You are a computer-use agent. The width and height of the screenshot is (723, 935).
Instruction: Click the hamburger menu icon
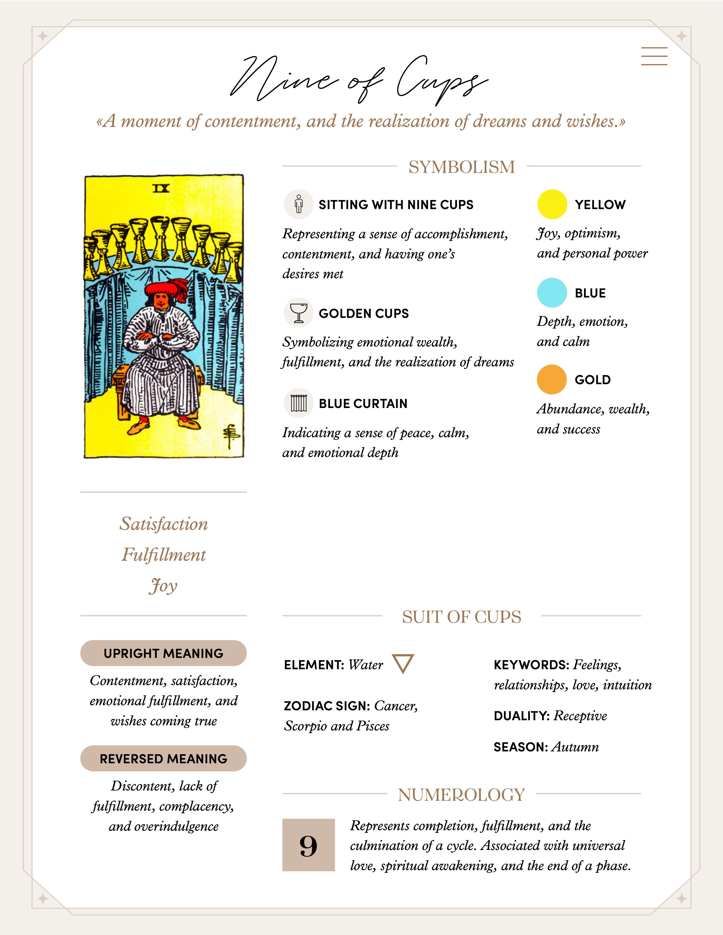(654, 56)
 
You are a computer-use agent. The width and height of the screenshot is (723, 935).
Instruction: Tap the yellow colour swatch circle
(552, 204)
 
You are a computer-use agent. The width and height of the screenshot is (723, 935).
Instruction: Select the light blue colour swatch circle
(552, 293)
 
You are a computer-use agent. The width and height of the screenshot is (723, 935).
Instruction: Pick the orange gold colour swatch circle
(552, 380)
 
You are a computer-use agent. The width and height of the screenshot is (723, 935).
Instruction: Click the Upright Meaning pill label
(163, 653)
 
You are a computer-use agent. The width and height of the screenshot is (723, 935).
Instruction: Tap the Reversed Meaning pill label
(163, 758)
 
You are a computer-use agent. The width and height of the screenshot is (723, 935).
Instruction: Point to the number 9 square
(308, 845)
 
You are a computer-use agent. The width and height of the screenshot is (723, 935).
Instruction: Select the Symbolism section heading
(461, 167)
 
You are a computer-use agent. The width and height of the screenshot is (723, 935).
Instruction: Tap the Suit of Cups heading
(461, 617)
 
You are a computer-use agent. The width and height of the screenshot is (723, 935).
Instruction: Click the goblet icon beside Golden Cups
(299, 313)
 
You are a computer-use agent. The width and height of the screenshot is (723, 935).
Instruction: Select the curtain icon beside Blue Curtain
(299, 403)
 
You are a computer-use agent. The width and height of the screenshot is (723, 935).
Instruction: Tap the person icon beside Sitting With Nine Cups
(299, 204)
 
